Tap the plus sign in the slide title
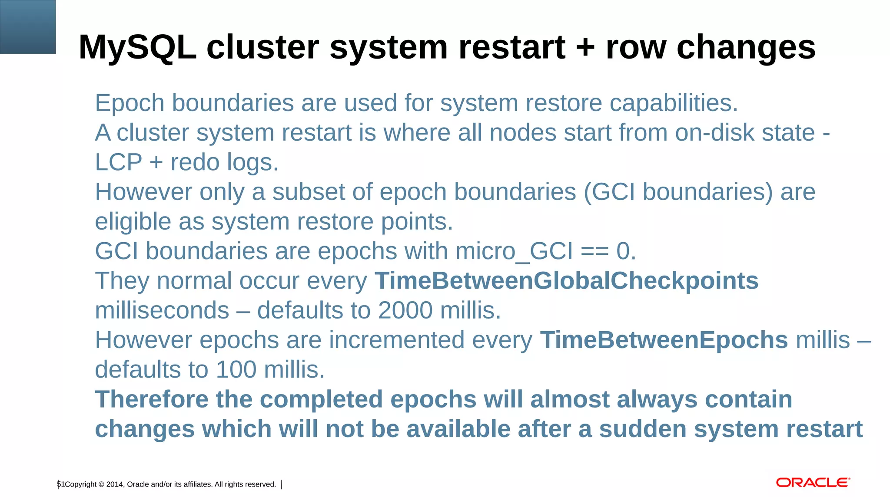tap(585, 48)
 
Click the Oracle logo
tap(813, 483)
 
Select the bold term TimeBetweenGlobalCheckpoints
tap(566, 281)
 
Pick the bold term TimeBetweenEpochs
tap(664, 340)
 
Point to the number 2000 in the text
tap(405, 311)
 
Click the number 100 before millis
tap(236, 370)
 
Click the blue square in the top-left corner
tap(28, 27)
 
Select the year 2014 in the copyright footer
tap(115, 484)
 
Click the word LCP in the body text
tap(118, 163)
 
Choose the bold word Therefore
tap(152, 399)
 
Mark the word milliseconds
tap(162, 311)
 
